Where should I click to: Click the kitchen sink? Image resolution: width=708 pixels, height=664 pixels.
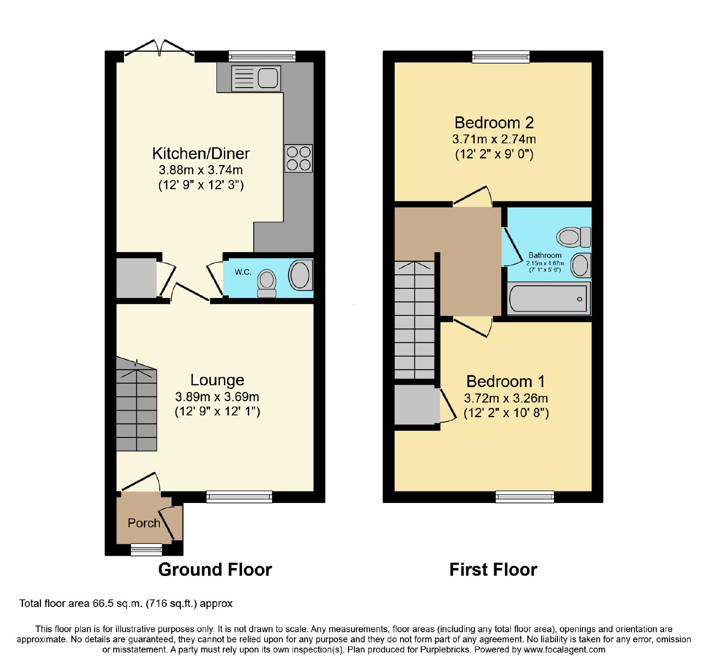tap(256, 78)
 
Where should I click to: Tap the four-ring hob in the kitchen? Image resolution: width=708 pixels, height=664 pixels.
tap(299, 158)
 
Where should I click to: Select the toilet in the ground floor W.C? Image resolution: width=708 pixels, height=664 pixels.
tap(267, 284)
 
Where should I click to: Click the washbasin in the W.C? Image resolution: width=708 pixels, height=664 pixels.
tap(300, 275)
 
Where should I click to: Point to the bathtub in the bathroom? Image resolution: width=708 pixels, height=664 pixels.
tap(548, 299)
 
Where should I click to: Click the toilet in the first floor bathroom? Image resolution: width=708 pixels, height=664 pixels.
tap(574, 237)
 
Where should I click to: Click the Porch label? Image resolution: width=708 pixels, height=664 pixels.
tap(144, 523)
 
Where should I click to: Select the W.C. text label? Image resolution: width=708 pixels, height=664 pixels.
tap(243, 272)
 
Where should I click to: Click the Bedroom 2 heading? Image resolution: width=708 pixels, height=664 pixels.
tap(494, 123)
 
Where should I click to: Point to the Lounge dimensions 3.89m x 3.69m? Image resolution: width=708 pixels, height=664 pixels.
tap(217, 396)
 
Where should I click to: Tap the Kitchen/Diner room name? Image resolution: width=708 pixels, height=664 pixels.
tap(201, 154)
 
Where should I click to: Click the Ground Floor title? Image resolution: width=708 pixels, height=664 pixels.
tap(215, 570)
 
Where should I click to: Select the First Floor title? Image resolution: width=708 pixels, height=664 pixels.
tap(493, 570)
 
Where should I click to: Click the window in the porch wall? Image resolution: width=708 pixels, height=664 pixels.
tap(146, 550)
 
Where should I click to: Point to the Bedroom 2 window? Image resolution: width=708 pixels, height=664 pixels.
tap(501, 57)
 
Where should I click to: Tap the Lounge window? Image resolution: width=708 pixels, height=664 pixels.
tap(239, 497)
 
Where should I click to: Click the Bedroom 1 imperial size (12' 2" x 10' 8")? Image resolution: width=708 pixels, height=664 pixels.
tap(506, 413)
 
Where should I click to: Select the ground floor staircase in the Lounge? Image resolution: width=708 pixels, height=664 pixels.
tap(137, 404)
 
